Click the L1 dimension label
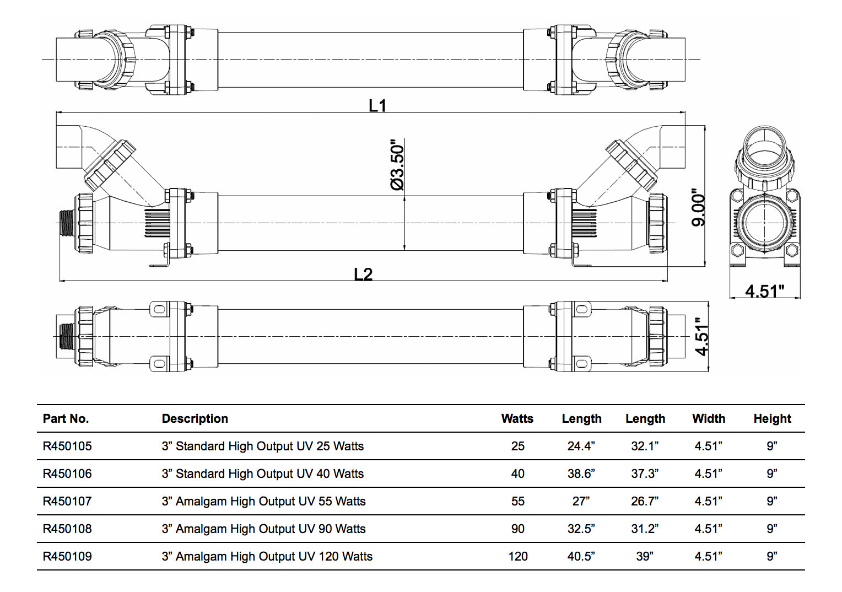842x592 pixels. [x=377, y=105]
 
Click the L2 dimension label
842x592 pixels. [x=363, y=274]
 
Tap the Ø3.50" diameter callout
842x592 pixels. [x=397, y=165]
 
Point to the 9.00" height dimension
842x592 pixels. [x=698, y=209]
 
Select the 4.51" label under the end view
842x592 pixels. [x=764, y=290]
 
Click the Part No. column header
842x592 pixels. [x=66, y=418]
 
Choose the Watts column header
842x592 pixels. [x=517, y=418]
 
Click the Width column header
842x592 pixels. [x=708, y=418]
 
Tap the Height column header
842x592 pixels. [x=772, y=418]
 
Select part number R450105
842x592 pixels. [x=67, y=446]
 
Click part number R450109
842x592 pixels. [x=67, y=556]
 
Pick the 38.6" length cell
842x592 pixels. [x=581, y=473]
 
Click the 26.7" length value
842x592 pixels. [x=645, y=501]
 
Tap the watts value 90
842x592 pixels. [x=517, y=529]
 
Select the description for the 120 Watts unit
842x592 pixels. [x=267, y=556]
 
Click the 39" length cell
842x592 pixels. [x=645, y=556]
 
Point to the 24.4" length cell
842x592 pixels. [x=581, y=446]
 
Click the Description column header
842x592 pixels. [x=195, y=418]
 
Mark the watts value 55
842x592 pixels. [x=517, y=501]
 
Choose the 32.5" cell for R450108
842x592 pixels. [x=581, y=529]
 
